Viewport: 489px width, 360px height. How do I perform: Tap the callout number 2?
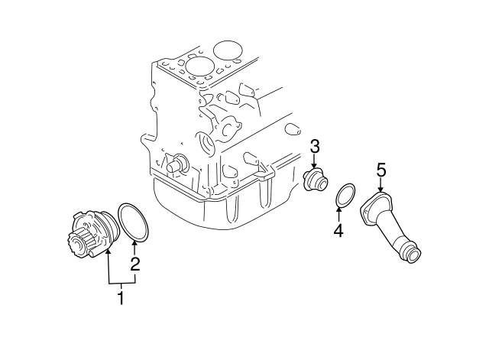click(x=134, y=265)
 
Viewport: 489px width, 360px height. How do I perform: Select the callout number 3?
click(x=314, y=147)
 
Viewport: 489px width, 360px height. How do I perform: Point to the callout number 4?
click(x=338, y=230)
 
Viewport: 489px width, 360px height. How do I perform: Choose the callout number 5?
click(x=381, y=170)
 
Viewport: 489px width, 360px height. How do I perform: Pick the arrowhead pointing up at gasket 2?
click(x=134, y=245)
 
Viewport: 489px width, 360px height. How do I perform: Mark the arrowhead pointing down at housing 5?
click(x=381, y=189)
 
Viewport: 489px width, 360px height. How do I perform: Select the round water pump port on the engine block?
click(x=206, y=144)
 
